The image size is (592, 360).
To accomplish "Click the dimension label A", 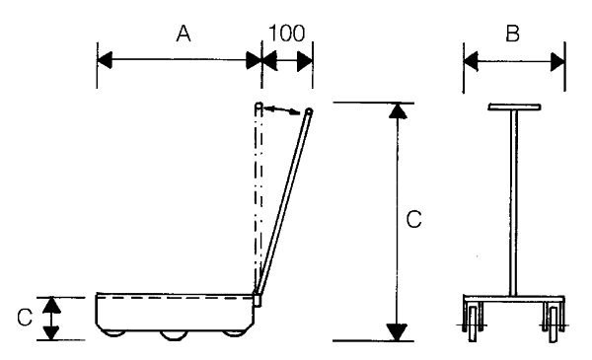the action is (x=184, y=34).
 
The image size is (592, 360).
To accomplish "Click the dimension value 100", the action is (x=286, y=34).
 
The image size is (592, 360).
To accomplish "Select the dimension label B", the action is (x=512, y=34).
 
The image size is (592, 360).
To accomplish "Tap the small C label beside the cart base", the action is (x=25, y=318).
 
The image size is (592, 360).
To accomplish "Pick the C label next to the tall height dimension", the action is (x=413, y=219).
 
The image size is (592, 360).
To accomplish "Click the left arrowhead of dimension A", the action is (x=105, y=60).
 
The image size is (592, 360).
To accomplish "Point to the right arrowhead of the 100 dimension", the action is (x=305, y=61).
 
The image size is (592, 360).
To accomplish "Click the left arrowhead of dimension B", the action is (x=471, y=61).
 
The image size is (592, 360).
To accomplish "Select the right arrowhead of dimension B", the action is (x=557, y=62).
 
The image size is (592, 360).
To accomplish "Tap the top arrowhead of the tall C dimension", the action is (x=398, y=110).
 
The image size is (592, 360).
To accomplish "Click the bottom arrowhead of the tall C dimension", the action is (x=398, y=332).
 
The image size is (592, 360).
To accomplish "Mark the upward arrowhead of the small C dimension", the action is (x=51, y=306).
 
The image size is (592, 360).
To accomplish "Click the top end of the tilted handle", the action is (x=309, y=111).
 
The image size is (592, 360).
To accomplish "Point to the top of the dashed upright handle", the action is (x=259, y=107).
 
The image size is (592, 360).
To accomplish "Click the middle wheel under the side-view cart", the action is (x=174, y=335).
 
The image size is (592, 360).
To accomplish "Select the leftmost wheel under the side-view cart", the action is (x=114, y=333).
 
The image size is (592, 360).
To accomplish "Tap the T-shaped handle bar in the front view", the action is (x=514, y=107).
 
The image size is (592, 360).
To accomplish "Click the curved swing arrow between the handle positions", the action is (x=281, y=109).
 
